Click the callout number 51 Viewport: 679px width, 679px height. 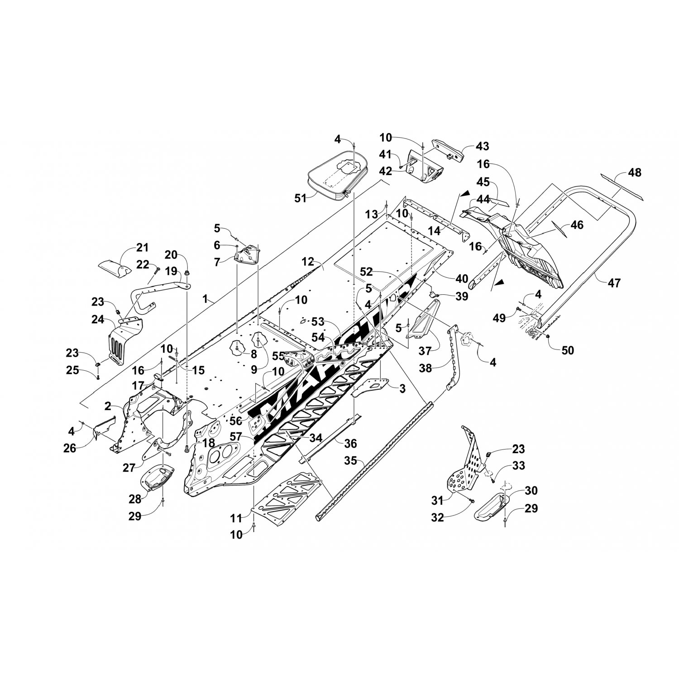(x=301, y=198)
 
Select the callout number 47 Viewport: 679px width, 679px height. (x=614, y=283)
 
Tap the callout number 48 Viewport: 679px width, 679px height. (x=635, y=172)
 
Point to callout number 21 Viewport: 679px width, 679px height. (x=143, y=247)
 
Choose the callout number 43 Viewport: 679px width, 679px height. (x=483, y=146)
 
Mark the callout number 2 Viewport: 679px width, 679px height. (x=108, y=406)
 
